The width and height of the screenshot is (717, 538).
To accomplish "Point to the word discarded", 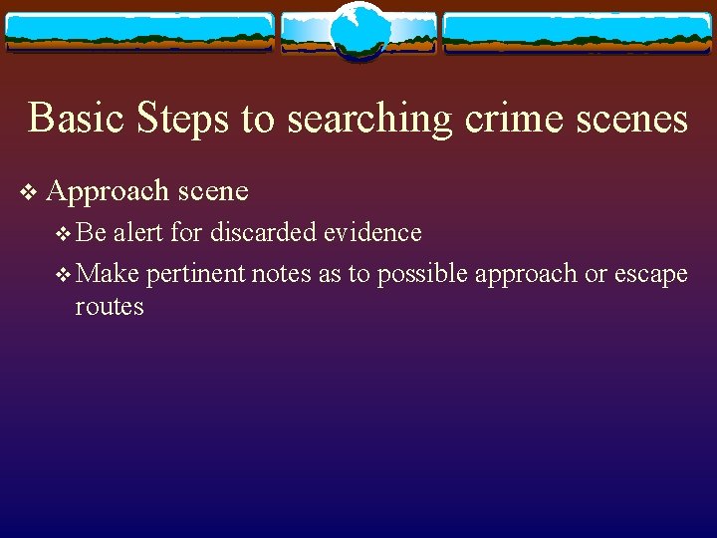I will tap(261, 233).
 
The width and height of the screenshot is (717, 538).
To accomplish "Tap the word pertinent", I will tap(195, 274).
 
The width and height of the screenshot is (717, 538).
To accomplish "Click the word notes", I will tap(282, 274).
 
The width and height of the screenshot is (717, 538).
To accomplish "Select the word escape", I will tap(649, 274).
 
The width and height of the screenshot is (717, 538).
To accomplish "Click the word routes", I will tap(110, 307).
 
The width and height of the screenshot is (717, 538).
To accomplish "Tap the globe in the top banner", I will tap(358, 30).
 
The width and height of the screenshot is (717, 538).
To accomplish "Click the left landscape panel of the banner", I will tap(139, 32).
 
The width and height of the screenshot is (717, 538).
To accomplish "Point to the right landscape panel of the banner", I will tap(578, 32).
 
